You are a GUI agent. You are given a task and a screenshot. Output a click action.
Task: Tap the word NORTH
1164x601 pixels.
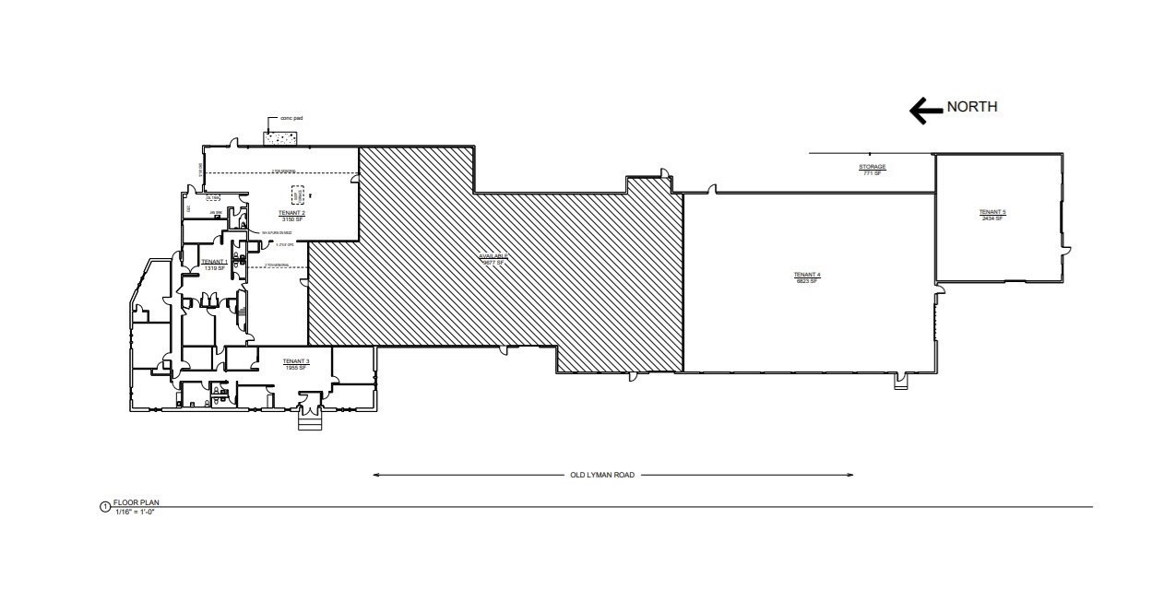972,107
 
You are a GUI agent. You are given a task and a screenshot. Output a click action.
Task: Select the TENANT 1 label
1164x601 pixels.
215,262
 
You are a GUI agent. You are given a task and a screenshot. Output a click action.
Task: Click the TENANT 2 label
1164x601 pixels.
291,213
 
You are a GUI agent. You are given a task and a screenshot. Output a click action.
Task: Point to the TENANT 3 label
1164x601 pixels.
295,360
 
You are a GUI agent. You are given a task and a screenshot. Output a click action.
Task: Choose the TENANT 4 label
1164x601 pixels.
806,275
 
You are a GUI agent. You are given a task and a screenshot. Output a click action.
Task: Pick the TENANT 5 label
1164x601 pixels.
992,212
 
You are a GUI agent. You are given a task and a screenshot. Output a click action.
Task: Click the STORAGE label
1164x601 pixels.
872,167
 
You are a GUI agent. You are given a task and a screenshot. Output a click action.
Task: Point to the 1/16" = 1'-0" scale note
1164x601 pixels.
136,511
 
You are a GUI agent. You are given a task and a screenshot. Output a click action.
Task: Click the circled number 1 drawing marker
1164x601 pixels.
104,507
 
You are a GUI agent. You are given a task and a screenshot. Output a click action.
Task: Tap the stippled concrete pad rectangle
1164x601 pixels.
279,137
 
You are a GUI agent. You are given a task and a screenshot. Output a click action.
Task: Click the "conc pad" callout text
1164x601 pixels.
292,119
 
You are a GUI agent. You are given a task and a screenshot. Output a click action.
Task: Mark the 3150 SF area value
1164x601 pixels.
291,219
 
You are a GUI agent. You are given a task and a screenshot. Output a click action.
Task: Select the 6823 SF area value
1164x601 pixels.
806,280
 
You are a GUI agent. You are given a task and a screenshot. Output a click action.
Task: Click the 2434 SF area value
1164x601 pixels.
992,218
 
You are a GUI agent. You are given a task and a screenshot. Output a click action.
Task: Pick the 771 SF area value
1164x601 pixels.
872,173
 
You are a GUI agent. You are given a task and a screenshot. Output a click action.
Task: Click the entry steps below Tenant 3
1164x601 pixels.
308,421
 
